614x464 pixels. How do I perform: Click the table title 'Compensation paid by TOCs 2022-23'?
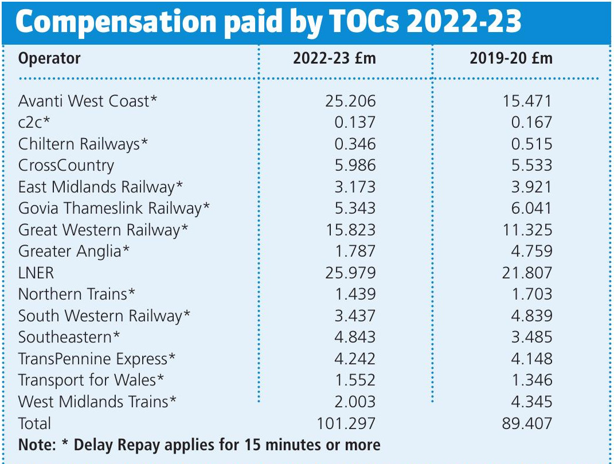(268, 22)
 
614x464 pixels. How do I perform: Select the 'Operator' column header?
(49, 58)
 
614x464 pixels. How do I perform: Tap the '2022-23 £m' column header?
(334, 58)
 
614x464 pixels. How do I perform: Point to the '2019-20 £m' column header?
(511, 58)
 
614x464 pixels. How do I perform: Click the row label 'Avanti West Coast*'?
(88, 101)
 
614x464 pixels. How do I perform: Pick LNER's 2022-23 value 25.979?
(347, 273)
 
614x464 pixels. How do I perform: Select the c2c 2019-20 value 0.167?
(531, 122)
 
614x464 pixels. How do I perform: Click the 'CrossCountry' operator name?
(66, 166)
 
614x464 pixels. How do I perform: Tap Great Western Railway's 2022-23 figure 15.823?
(347, 230)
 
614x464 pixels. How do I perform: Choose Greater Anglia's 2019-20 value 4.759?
(531, 251)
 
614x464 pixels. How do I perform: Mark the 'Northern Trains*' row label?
(77, 294)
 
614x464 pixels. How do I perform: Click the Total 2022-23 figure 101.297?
(346, 423)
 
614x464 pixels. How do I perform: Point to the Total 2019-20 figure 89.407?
(526, 423)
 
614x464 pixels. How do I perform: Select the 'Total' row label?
(34, 423)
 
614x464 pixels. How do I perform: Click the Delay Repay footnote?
(199, 445)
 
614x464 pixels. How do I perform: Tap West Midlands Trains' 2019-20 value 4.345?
(531, 402)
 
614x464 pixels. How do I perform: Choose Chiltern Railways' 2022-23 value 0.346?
(355, 144)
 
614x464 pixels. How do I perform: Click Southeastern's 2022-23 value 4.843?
(355, 337)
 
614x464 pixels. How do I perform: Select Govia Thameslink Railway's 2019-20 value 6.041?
(531, 209)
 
